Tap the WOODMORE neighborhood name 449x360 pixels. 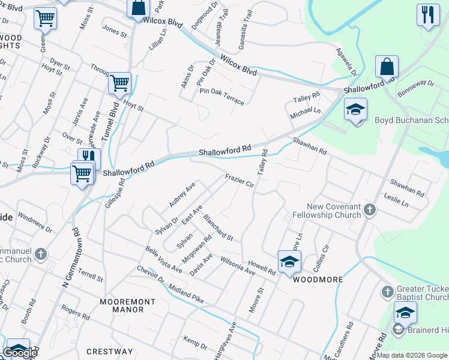click(318, 280)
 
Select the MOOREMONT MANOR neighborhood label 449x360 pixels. click(122, 305)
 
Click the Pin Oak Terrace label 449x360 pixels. click(222, 96)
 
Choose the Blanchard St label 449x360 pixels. click(218, 227)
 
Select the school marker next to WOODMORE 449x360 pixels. click(289, 262)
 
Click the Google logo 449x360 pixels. click(20, 353)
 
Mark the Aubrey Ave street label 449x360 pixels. click(182, 196)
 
